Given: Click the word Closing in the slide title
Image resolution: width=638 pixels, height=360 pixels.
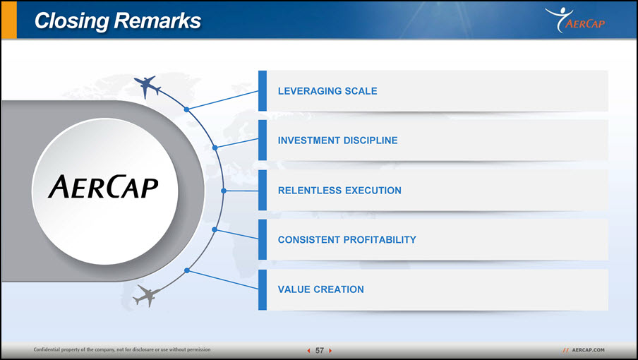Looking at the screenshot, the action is [71, 21].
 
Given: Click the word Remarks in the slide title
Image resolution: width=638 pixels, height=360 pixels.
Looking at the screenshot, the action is [157, 20].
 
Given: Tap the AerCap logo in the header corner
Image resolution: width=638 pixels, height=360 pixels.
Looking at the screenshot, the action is [575, 20].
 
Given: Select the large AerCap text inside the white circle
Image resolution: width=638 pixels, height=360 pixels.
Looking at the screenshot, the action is [103, 187].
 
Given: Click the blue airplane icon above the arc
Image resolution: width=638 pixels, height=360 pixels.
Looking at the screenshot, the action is [147, 86].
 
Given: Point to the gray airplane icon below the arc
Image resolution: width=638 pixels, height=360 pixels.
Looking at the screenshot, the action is [147, 296].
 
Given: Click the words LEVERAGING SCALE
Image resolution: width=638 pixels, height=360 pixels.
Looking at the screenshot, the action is [327, 91].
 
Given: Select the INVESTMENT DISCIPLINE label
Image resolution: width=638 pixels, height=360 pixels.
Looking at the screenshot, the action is [338, 140].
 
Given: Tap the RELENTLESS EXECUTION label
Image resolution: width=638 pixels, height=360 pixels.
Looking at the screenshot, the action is [339, 191].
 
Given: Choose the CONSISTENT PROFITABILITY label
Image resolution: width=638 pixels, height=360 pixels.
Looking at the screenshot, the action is [347, 239].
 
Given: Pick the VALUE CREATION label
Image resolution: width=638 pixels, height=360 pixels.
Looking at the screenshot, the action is [320, 289].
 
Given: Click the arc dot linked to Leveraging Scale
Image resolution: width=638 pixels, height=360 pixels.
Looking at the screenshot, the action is [186, 109].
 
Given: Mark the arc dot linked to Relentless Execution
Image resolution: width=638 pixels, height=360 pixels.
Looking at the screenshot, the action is [224, 191].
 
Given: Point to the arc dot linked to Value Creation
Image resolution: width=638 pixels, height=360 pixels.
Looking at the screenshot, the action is [187, 270].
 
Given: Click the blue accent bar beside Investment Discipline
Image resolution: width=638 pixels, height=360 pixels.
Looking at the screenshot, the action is [263, 140].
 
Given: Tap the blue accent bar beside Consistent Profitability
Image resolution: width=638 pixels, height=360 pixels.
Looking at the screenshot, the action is [263, 239].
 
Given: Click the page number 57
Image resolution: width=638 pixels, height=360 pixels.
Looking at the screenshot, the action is [320, 350].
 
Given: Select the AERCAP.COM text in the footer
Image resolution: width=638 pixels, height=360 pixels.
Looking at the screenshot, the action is [588, 350].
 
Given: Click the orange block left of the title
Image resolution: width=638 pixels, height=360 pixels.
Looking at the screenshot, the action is [9, 20].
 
